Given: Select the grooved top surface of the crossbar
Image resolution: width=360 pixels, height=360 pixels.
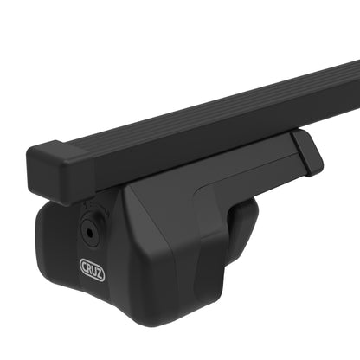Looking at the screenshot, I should point(216,108).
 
